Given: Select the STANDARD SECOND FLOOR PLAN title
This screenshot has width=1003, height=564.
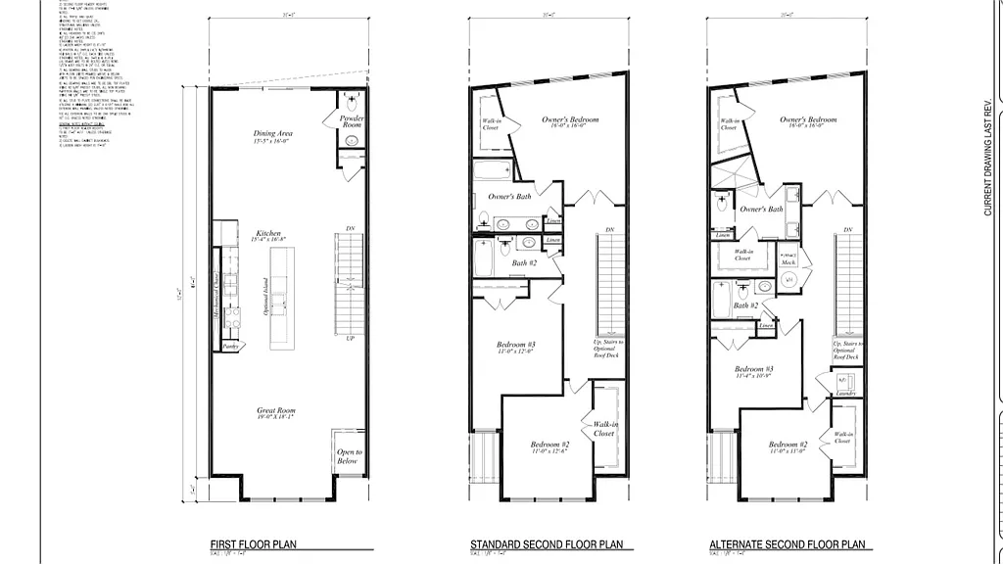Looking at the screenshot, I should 547,543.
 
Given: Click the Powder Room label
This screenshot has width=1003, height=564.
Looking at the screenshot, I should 352,122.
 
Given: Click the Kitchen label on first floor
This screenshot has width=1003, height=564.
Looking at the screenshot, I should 268,235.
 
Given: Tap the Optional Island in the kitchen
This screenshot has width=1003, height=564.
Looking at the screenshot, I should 282,297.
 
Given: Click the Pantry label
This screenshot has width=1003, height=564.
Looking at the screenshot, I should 230,346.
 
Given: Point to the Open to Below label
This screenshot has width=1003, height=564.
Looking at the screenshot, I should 350,456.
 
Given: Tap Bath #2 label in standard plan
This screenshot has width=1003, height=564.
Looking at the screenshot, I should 525,262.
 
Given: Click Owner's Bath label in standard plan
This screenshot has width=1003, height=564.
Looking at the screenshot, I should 509,197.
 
